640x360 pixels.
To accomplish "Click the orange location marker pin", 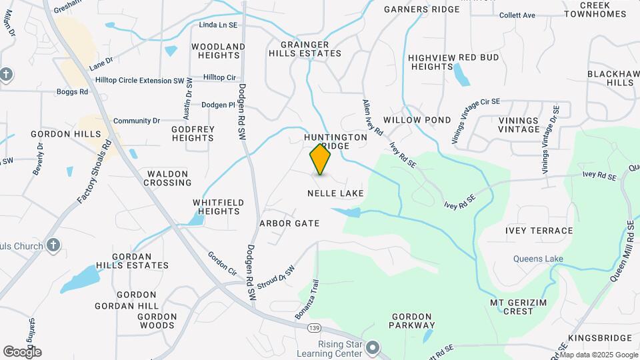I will pos(320,159).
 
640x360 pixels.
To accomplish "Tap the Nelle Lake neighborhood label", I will pos(335,193).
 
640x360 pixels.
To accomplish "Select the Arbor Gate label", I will pos(289,223).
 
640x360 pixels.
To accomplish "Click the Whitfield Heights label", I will pos(218,207).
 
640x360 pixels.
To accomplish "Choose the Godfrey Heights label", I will pos(193,133).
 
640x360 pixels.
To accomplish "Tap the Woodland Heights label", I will pos(218,51).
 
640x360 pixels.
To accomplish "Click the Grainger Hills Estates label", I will pos(305,49).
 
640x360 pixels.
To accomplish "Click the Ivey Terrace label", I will pos(539,231).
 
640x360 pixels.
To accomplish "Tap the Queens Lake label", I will pos(538,259).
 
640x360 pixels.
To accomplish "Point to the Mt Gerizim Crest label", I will pos(512,307).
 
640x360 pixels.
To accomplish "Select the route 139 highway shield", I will pos(315,328).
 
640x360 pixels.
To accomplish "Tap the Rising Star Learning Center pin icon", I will pos(373,348).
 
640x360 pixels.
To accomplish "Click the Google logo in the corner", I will pos(22,351).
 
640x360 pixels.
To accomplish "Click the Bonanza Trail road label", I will pos(304,299).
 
